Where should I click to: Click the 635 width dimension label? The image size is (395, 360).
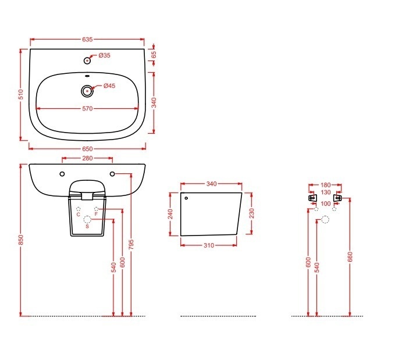tap(87, 40)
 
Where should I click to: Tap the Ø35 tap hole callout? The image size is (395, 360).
tap(104, 55)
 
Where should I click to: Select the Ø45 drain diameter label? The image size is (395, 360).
tap(109, 86)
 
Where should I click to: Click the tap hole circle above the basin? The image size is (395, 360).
tap(87, 60)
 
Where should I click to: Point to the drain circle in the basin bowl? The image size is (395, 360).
tap(87, 91)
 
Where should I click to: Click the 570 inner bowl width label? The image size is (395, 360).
tap(87, 109)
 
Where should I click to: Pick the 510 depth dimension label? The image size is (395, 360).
tap(22, 94)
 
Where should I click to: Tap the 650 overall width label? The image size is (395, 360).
tap(87, 149)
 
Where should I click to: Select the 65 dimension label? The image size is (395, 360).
tap(154, 55)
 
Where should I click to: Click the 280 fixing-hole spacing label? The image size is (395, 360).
tap(87, 158)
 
